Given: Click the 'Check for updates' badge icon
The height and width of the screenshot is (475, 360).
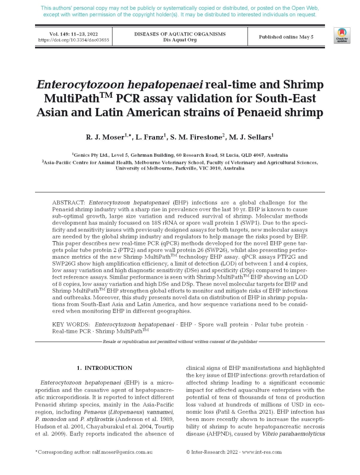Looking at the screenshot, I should [x=342, y=35].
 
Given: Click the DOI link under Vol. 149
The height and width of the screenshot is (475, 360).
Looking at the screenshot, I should [x=73, y=40].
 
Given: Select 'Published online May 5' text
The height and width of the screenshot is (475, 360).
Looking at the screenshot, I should [x=286, y=37].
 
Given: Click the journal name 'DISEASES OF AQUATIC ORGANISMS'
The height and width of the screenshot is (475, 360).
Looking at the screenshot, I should [x=180, y=34].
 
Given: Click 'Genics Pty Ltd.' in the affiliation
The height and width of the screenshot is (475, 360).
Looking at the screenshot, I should [x=91, y=155].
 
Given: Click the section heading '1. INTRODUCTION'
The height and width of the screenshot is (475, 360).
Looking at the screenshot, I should [x=104, y=368].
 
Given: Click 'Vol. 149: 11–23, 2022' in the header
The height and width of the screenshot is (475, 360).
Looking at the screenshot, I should [x=73, y=34].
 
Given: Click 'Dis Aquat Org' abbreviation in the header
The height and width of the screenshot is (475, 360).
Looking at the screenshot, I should [x=180, y=40].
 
